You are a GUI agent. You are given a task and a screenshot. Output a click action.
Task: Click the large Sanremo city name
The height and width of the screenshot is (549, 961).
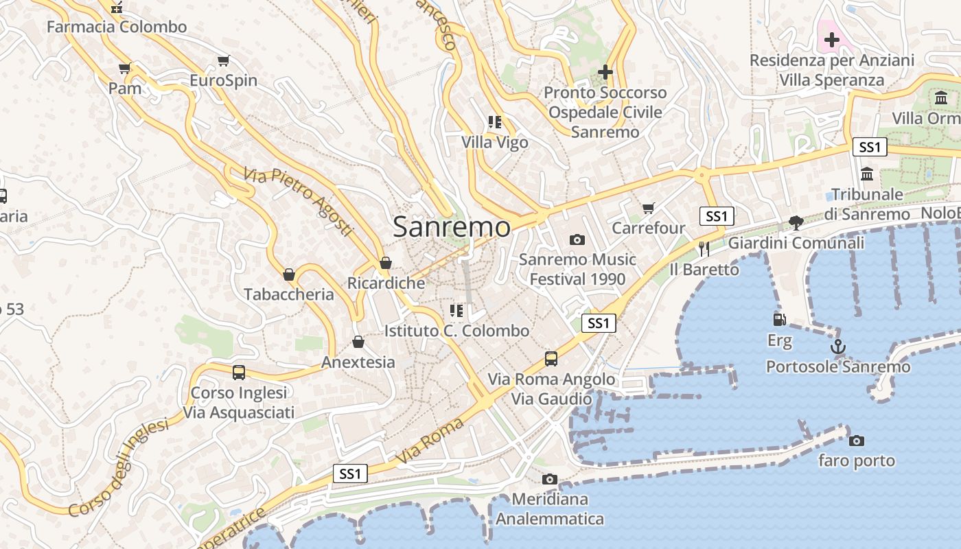click(x=452, y=227)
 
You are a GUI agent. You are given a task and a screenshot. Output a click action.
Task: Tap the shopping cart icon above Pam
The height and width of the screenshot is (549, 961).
click(x=124, y=68)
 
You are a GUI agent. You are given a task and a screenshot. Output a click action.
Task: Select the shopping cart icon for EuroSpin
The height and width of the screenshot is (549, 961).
click(x=223, y=60)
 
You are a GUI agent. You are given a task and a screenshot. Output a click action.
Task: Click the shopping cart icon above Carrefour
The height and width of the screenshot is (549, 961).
click(x=648, y=207)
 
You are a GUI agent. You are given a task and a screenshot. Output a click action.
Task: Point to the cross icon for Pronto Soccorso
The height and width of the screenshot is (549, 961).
click(x=605, y=71)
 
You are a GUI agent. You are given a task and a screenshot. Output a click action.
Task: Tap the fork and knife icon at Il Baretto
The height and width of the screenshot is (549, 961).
click(x=704, y=248)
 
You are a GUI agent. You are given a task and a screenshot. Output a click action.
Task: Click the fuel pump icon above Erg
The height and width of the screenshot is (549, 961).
click(x=779, y=320)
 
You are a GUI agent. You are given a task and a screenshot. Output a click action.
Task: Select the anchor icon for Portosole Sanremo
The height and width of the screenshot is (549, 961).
click(x=837, y=347)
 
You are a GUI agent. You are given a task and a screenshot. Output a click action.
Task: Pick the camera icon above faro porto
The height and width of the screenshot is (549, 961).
click(x=856, y=441)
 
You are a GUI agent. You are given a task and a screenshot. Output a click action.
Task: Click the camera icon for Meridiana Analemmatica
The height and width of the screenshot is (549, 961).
click(x=549, y=479)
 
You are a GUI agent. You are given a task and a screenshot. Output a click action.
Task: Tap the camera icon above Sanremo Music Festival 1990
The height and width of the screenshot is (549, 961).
click(x=577, y=240)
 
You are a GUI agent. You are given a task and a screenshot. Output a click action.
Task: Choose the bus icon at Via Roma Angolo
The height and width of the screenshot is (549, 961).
click(x=551, y=358)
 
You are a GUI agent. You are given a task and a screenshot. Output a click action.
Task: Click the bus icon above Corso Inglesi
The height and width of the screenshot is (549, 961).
click(x=238, y=373)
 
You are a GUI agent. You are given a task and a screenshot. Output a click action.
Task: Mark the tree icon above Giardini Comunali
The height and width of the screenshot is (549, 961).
click(x=796, y=222)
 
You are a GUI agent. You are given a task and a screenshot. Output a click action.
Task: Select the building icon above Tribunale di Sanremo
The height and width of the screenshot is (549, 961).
click(x=866, y=174)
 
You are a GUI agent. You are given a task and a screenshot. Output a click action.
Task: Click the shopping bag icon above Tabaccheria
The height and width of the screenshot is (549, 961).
click(x=289, y=274)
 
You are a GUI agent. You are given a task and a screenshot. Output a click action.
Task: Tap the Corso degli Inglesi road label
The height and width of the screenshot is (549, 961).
click(x=118, y=468)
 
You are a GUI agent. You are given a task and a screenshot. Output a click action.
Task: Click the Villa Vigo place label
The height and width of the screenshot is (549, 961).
click(x=495, y=143)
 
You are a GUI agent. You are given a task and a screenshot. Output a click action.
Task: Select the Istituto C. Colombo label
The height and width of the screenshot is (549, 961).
click(x=456, y=331)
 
